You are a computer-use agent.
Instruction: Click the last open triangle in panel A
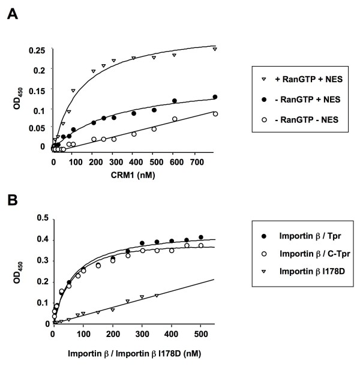coord(214,49)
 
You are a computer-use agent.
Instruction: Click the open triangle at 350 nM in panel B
coord(157,295)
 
